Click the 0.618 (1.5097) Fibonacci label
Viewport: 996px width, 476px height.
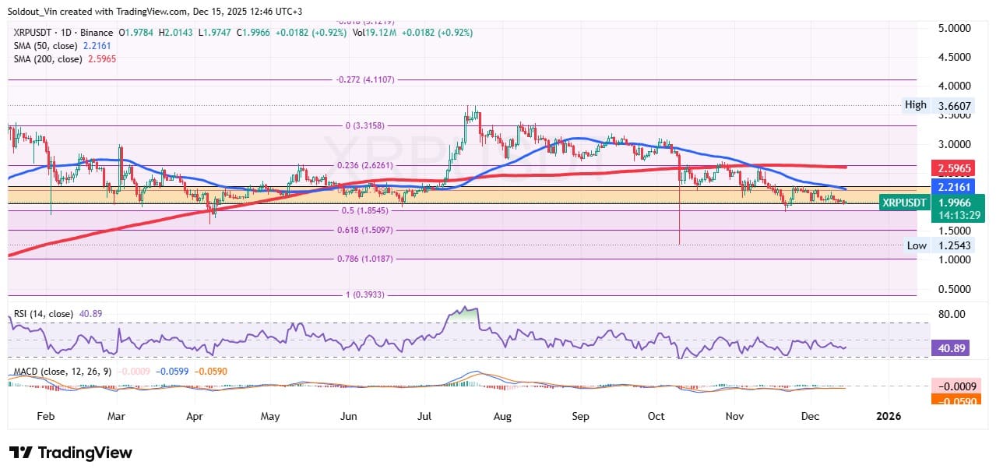[x=366, y=231]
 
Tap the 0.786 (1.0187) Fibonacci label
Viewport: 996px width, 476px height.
[x=366, y=259]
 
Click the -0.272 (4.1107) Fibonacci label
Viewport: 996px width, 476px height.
[x=366, y=79]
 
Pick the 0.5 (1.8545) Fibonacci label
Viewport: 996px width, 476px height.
[x=366, y=210]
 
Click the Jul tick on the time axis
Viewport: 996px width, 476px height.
[x=424, y=416]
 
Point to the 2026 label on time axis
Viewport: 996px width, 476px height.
[x=888, y=416]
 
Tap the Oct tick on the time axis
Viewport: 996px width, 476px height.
[x=656, y=416]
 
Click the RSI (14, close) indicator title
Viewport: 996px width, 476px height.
[x=44, y=314]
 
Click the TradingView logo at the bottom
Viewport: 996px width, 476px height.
[x=71, y=453]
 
